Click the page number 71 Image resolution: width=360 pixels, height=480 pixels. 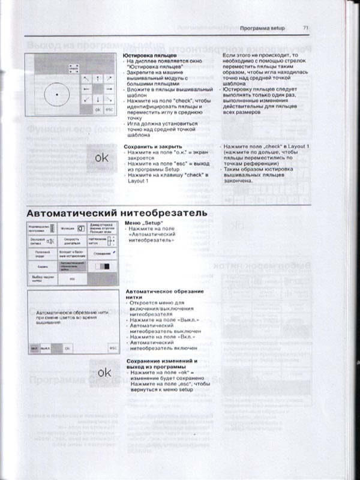click(305, 28)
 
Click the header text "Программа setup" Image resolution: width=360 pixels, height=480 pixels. click(262, 28)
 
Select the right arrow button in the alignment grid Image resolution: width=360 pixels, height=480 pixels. click(109, 89)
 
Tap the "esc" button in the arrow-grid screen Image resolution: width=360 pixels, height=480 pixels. click(109, 110)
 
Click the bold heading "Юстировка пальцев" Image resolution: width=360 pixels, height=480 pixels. click(146, 55)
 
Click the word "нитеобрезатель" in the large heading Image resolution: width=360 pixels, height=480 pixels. click(170, 213)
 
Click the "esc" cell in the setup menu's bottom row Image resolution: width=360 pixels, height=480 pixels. click(71, 279)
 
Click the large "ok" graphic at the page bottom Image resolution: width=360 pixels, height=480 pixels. click(104, 371)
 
